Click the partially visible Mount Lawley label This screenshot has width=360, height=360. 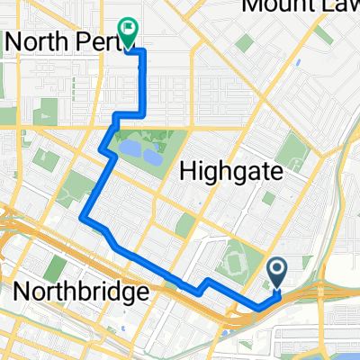(301, 7)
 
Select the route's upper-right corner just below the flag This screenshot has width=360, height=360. (144, 53)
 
